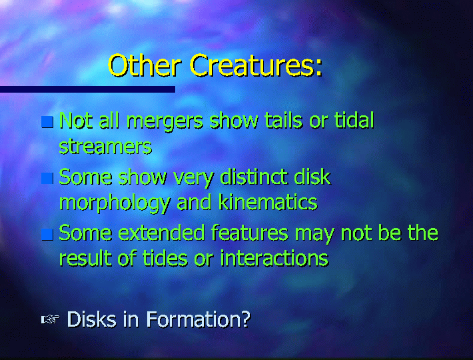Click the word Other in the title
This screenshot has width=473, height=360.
click(145, 65)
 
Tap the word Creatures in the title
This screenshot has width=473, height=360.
click(256, 65)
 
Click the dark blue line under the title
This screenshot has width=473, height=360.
click(87, 89)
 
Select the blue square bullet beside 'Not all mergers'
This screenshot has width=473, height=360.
click(47, 122)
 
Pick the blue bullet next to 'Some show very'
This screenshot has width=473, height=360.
click(47, 178)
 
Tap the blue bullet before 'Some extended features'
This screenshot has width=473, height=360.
click(47, 235)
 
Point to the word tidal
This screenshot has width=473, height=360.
click(354, 120)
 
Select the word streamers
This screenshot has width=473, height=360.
click(105, 147)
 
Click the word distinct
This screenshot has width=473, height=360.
click(254, 177)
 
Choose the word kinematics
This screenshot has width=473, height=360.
click(268, 202)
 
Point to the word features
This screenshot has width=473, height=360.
click(250, 233)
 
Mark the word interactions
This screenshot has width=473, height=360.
click(274, 259)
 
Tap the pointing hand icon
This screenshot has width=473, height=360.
click(50, 319)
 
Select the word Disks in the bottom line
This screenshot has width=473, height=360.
click(91, 319)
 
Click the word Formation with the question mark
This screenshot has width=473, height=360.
click(199, 319)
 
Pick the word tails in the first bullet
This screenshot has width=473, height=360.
click(284, 120)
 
